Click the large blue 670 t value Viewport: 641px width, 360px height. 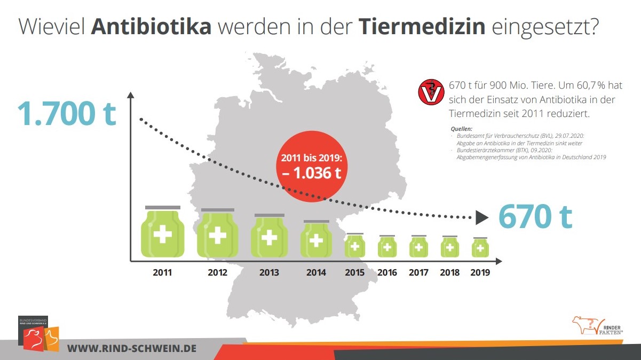click(x=535, y=216)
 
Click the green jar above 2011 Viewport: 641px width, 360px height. click(x=163, y=233)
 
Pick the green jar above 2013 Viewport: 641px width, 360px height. click(x=269, y=237)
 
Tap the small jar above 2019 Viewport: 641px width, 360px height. click(x=480, y=247)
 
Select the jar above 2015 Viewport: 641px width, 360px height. click(x=355, y=246)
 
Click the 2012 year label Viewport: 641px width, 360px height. click(x=217, y=273)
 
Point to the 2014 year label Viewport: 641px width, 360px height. click(x=316, y=273)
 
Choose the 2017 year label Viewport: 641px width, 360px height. click(x=418, y=273)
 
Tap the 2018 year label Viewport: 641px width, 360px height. click(x=449, y=273)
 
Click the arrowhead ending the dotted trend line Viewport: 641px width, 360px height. click(x=482, y=217)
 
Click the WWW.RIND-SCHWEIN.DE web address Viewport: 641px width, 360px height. click(x=132, y=348)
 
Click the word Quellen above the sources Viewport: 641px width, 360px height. click(x=458, y=129)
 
